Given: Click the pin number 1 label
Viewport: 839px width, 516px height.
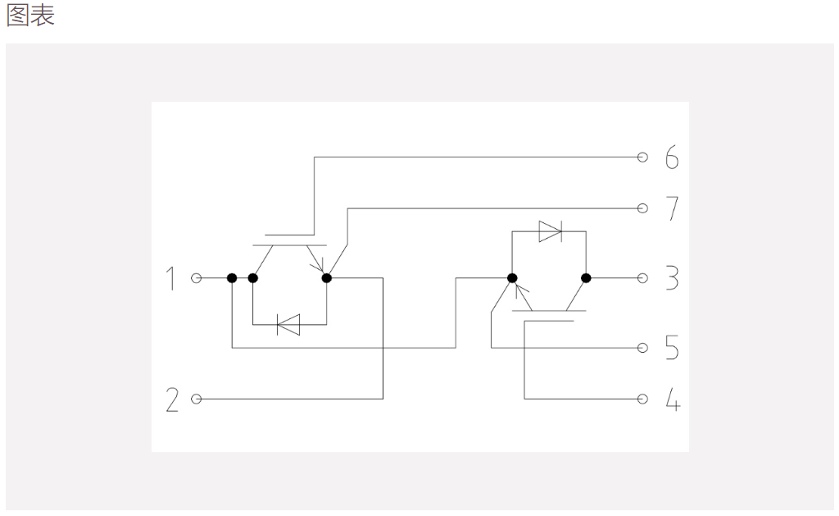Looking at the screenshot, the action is (170, 278).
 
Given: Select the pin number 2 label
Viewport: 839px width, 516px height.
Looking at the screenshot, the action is (172, 400).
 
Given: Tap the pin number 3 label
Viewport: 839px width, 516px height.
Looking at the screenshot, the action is (672, 278).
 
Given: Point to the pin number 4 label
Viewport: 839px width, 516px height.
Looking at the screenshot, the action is (673, 400).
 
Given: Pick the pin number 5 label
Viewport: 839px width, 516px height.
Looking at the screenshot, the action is (672, 348).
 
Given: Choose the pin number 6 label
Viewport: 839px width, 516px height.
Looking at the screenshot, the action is (672, 157).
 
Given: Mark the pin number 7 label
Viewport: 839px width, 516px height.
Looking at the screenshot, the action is (672, 208).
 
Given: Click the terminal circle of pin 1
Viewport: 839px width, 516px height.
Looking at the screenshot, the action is (197, 278).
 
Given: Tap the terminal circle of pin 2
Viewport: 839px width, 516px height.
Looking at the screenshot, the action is (197, 400).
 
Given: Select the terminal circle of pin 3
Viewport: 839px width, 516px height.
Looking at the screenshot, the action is (642, 278).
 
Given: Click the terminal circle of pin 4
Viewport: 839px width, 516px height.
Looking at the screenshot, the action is (642, 400).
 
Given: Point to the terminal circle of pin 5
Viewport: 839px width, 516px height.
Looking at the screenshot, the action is (642, 348).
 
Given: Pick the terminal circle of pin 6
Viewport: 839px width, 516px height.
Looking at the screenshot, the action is (642, 157).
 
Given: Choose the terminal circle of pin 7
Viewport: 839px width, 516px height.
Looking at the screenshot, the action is (642, 208).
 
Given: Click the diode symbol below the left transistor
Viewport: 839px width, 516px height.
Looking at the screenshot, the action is (288, 325).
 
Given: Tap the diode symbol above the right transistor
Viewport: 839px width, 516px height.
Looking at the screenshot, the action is (550, 231).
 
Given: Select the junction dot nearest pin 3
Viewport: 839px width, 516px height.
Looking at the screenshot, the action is (586, 278).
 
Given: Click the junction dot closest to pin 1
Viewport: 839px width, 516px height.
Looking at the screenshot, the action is (232, 278).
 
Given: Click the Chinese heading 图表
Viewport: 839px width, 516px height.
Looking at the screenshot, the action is (30, 15).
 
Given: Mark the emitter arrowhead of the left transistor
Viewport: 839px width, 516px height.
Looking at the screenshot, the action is (319, 266).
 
